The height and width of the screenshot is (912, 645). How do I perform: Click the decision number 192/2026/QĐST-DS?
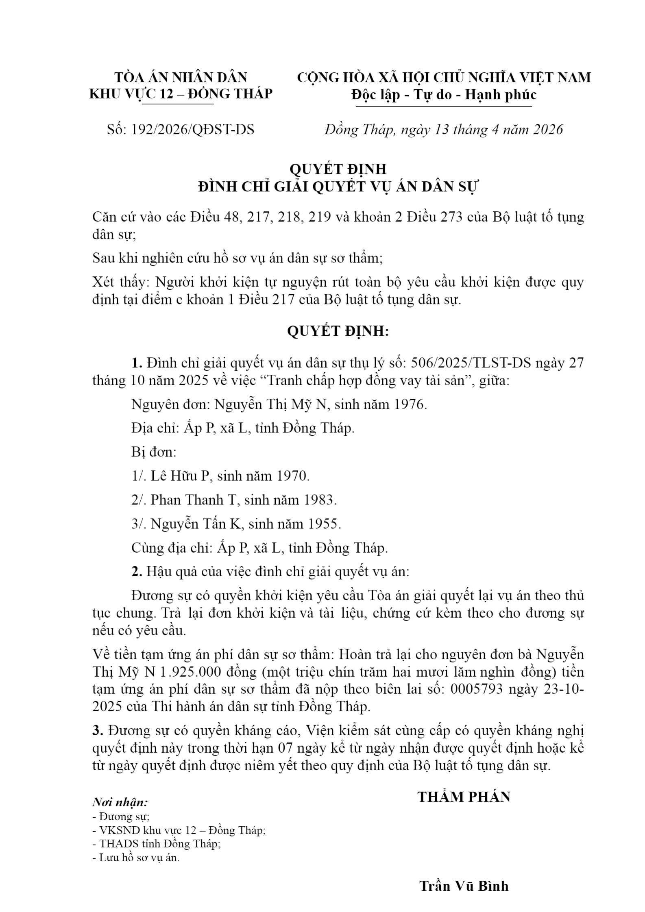click(193, 130)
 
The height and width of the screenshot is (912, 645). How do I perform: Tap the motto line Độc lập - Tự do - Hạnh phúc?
click(444, 95)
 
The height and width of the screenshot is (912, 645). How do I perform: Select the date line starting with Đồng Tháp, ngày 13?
click(444, 130)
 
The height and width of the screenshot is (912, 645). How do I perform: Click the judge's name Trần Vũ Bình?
click(464, 886)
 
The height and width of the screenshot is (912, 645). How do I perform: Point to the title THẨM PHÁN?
click(464, 797)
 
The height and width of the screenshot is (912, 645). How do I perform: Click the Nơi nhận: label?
click(120, 803)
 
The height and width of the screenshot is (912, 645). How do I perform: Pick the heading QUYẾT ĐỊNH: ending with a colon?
click(338, 331)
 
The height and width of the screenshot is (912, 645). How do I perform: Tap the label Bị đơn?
click(154, 452)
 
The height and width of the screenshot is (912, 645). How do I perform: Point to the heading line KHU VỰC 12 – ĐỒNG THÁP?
click(181, 94)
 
